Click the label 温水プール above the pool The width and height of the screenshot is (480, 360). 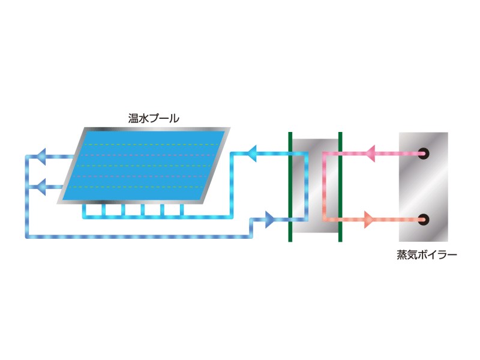[154, 118]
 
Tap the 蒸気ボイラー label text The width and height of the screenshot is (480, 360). [427, 254]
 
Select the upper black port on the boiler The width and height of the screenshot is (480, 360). [424, 154]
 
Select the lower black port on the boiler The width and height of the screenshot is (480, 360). [424, 220]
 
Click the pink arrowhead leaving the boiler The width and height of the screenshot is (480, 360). [370, 154]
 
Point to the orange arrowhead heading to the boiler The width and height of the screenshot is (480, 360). [368, 220]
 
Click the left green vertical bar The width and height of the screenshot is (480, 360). [290, 187]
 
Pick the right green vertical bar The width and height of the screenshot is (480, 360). [340, 187]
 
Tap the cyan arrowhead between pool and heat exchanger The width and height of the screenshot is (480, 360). [251, 154]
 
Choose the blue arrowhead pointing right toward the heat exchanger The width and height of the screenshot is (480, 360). [269, 220]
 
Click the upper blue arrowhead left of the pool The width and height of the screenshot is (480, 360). [41, 157]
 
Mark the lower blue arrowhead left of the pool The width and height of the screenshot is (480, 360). [41, 187]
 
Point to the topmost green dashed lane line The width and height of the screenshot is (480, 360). [152, 145]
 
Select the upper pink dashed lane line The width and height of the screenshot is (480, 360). [148, 155]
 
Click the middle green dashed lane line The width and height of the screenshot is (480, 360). [144, 166]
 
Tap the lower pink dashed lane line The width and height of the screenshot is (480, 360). [140, 176]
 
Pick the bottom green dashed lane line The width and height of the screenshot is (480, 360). [136, 187]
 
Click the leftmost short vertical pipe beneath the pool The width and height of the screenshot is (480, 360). [84, 211]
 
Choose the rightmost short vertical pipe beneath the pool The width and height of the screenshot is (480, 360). [182, 211]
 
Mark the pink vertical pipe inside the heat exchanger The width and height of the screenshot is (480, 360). [324, 187]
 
